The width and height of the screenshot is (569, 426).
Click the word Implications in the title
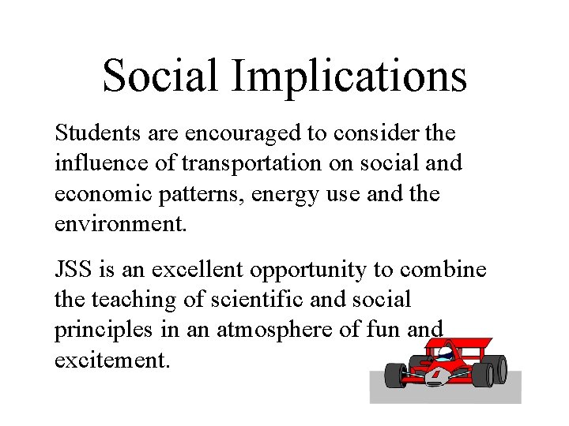pos(349,75)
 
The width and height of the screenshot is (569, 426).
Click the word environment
pos(120,224)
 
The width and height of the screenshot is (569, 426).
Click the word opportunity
pos(309,270)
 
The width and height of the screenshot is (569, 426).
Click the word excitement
pos(111,361)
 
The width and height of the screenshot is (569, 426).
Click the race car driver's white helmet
pos(447,353)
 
